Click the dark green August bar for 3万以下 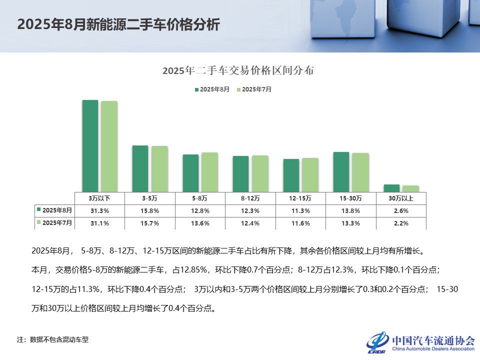pos(90,145)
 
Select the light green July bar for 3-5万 pos(159,168)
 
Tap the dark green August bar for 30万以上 pos(391,188)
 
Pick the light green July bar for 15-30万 pos(360,172)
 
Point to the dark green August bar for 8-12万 pos(240,173)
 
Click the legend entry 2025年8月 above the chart pos(212,89)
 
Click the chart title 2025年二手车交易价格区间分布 pos(238,70)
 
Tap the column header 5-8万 pos(200,198)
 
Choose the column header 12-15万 pos(300,198)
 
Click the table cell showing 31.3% pos(99,210)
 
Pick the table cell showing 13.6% pos(200,223)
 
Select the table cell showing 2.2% pos(401,223)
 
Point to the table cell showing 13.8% pos(350,210)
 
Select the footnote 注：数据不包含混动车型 pos(53,340)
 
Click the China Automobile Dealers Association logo pos(420,342)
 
